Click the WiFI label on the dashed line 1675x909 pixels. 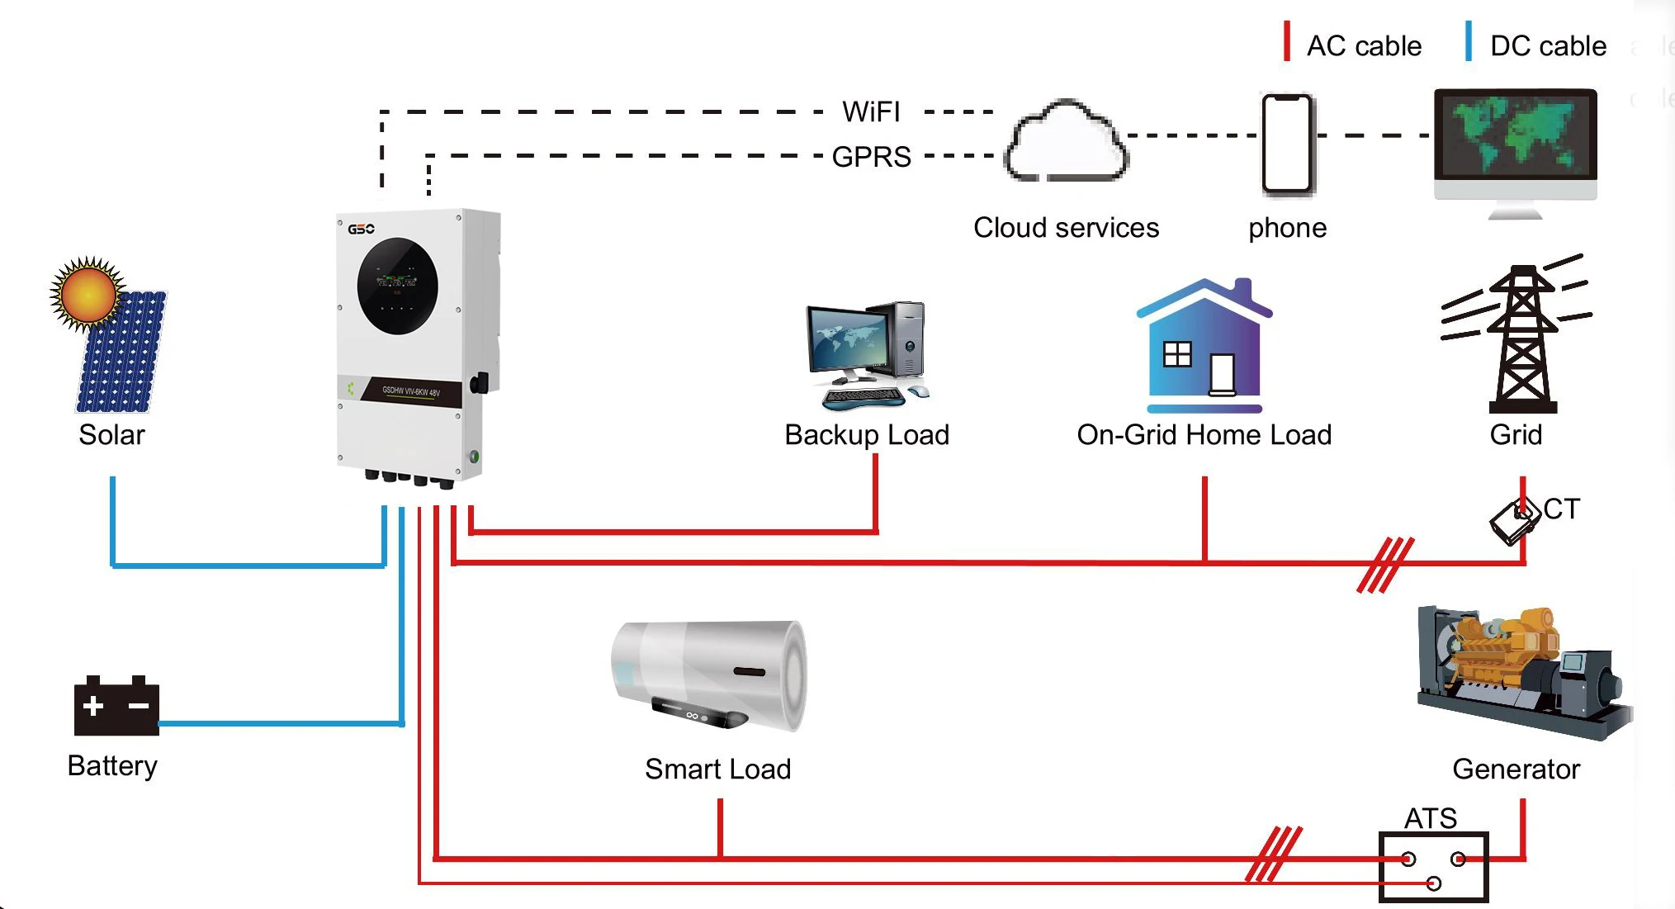click(871, 111)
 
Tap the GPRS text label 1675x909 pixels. click(871, 156)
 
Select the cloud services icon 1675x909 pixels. click(1066, 142)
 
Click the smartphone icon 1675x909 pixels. click(1287, 144)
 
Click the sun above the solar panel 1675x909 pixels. click(88, 294)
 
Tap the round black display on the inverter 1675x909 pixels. click(397, 286)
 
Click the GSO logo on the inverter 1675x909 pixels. click(361, 229)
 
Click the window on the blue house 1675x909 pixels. click(1177, 354)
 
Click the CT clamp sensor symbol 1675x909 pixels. click(1515, 520)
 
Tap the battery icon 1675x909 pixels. click(116, 707)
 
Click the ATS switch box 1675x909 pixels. click(1433, 867)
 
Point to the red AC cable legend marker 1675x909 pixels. click(1287, 41)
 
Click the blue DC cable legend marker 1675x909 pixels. click(1469, 41)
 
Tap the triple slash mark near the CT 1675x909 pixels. click(1386, 565)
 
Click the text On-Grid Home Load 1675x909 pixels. click(1204, 434)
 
